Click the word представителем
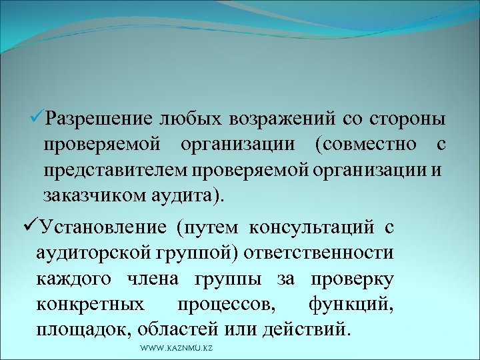(x=117, y=170)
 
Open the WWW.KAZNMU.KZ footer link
(x=177, y=349)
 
